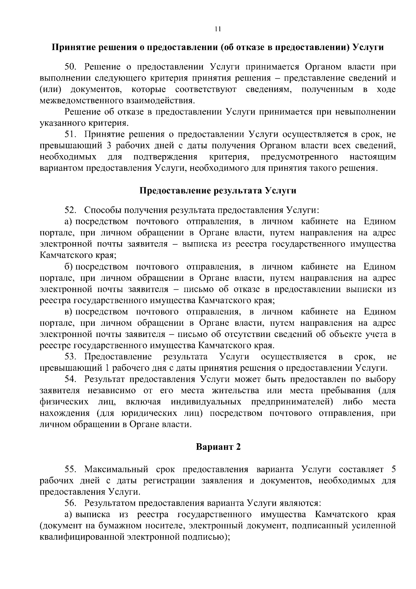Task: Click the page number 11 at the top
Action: pos(217,29)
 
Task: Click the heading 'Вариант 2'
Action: pos(218,447)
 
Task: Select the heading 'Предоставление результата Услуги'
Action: pos(218,191)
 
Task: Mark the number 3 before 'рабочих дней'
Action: pos(107,146)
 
